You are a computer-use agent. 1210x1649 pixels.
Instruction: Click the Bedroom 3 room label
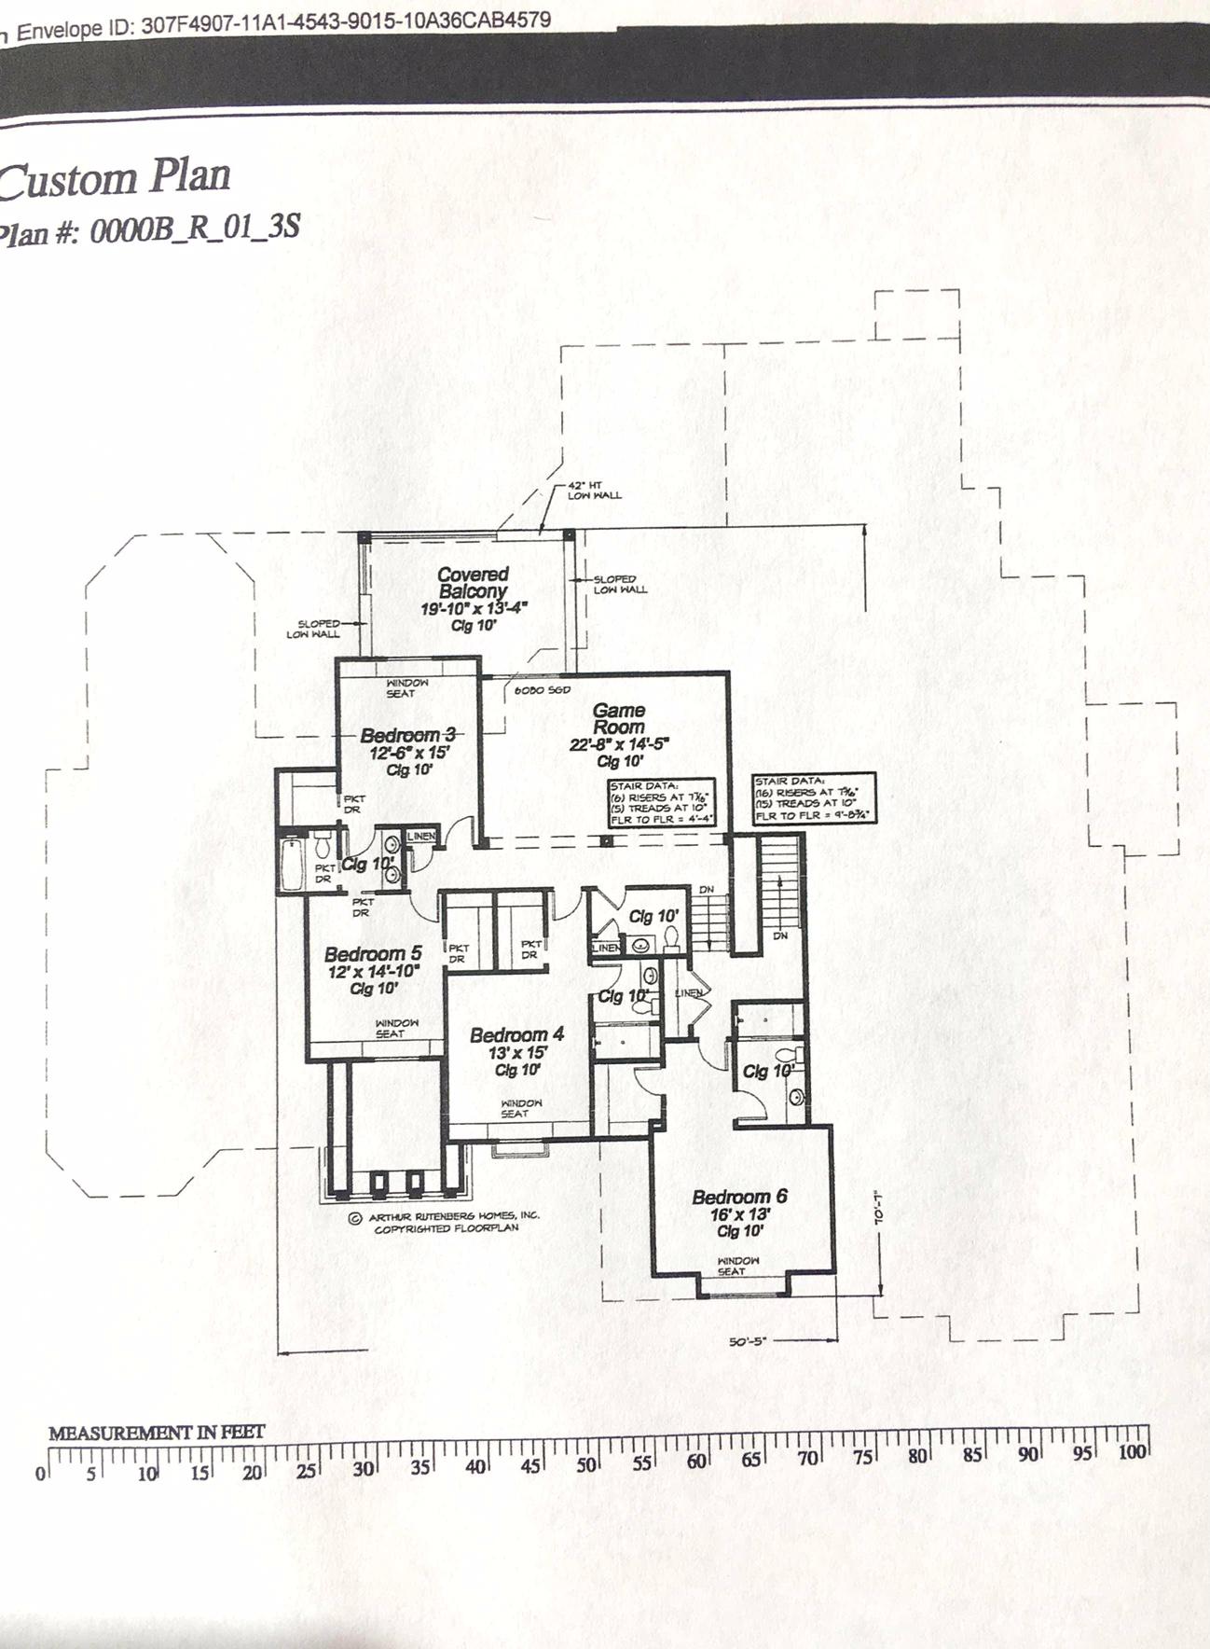[407, 736]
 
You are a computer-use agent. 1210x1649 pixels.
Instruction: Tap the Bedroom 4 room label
[516, 1034]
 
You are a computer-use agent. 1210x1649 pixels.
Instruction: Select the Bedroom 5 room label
[373, 954]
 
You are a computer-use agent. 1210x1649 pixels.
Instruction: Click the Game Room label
[619, 718]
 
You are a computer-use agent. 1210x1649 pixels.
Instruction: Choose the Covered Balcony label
[474, 583]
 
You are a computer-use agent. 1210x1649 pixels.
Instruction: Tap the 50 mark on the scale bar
[586, 1464]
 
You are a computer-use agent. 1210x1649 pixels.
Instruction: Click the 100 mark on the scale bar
[1132, 1452]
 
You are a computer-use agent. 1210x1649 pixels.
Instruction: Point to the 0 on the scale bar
[40, 1475]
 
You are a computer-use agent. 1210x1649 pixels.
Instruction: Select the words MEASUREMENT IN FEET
[157, 1432]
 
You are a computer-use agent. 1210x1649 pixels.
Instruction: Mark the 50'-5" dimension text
[748, 1342]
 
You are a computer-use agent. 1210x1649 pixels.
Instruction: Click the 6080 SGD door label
[542, 690]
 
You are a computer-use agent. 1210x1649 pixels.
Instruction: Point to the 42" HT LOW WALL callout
[594, 491]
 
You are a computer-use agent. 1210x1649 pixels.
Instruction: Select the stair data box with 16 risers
[814, 797]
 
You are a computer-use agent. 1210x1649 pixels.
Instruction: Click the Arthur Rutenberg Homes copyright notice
[444, 1222]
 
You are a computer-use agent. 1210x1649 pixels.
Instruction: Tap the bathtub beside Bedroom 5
[291, 863]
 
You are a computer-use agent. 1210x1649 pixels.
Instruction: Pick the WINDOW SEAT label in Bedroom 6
[737, 1266]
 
